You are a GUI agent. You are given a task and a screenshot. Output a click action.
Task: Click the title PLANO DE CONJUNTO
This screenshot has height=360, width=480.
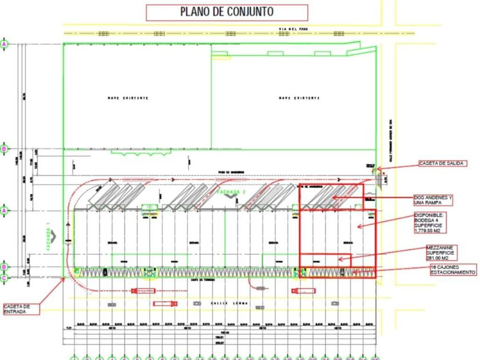point(227,12)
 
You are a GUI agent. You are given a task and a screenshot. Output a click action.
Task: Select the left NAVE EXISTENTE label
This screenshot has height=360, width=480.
point(128,98)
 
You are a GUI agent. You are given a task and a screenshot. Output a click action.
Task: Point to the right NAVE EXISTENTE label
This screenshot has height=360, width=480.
point(299,98)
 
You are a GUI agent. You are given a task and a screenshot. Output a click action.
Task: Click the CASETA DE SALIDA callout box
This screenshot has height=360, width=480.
point(442,163)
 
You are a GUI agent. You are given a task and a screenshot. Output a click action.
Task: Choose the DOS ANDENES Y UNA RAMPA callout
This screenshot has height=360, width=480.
point(433,200)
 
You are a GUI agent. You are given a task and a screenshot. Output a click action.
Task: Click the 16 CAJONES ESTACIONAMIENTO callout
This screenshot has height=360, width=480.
point(445,270)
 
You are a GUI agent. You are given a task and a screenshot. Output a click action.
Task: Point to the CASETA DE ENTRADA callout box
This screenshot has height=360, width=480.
point(21,309)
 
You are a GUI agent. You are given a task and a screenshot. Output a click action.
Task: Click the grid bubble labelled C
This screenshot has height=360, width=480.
point(5,278)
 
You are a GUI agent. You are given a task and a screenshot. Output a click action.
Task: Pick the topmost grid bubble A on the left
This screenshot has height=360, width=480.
point(5,44)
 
